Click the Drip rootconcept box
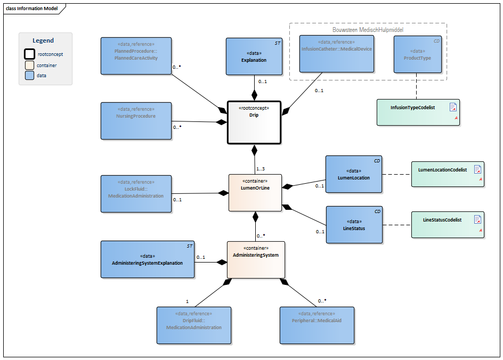click(x=254, y=122)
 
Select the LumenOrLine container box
click(x=255, y=192)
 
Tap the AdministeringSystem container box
click(x=256, y=259)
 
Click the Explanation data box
click(x=254, y=56)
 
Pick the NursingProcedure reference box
click(x=136, y=120)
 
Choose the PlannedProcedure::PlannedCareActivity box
click(x=136, y=55)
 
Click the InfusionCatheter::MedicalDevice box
click(x=336, y=53)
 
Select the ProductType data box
click(x=417, y=54)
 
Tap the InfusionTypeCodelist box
click(x=418, y=112)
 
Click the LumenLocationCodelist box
click(x=448, y=174)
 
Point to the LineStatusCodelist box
click(x=448, y=224)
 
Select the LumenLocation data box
click(x=354, y=174)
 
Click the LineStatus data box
click(x=354, y=225)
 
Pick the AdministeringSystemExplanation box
click(x=148, y=259)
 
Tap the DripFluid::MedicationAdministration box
click(x=193, y=325)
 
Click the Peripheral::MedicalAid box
click(x=317, y=325)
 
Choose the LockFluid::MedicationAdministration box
click(x=136, y=194)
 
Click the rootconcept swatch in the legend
click(x=29, y=54)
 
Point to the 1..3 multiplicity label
click(x=261, y=169)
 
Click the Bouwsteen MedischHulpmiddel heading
click(x=368, y=30)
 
